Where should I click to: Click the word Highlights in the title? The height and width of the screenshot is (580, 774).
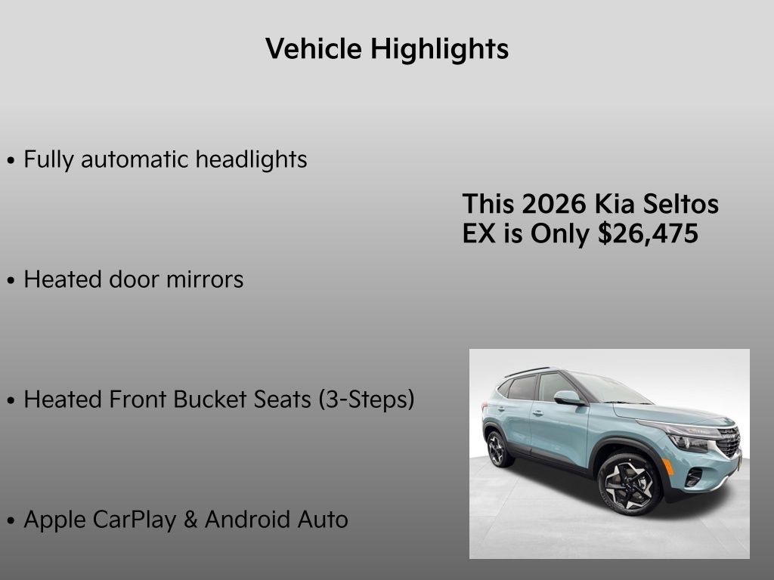point(439,50)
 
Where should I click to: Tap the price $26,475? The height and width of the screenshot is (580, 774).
point(648,234)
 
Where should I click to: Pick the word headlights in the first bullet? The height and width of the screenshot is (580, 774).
point(251,160)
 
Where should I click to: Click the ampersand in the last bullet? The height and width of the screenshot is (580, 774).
point(191,520)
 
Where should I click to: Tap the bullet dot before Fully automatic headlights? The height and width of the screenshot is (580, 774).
point(11,161)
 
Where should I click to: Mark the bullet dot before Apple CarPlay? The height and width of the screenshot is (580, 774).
point(11,521)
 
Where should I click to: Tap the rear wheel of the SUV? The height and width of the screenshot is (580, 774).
point(497,449)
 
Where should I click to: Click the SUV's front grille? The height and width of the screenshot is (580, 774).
point(727,443)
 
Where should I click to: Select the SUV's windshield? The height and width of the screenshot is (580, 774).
point(605,389)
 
